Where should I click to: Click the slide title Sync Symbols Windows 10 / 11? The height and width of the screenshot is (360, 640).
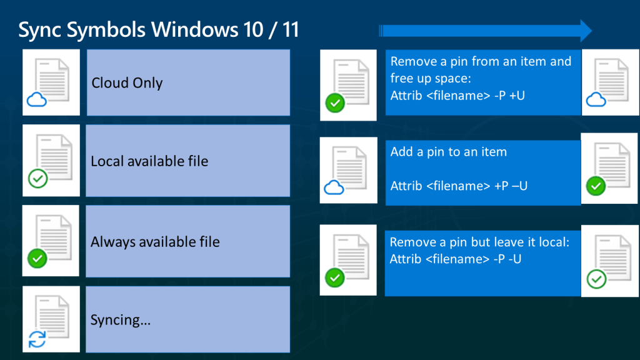(158, 30)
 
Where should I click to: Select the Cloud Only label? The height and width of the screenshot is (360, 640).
(127, 83)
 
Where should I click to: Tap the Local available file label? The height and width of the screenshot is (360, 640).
(149, 161)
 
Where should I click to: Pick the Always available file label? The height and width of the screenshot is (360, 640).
(155, 242)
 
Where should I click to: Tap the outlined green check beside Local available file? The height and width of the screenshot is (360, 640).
(38, 179)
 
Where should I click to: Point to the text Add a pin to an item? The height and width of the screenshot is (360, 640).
(449, 152)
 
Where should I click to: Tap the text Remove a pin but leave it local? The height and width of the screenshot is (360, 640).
(479, 242)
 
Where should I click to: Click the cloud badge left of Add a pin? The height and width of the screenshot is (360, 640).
(334, 187)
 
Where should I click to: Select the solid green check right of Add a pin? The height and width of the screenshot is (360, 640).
(596, 186)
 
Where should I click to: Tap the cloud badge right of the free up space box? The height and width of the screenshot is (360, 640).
(596, 99)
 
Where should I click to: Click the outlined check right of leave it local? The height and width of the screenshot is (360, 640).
(597, 279)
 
